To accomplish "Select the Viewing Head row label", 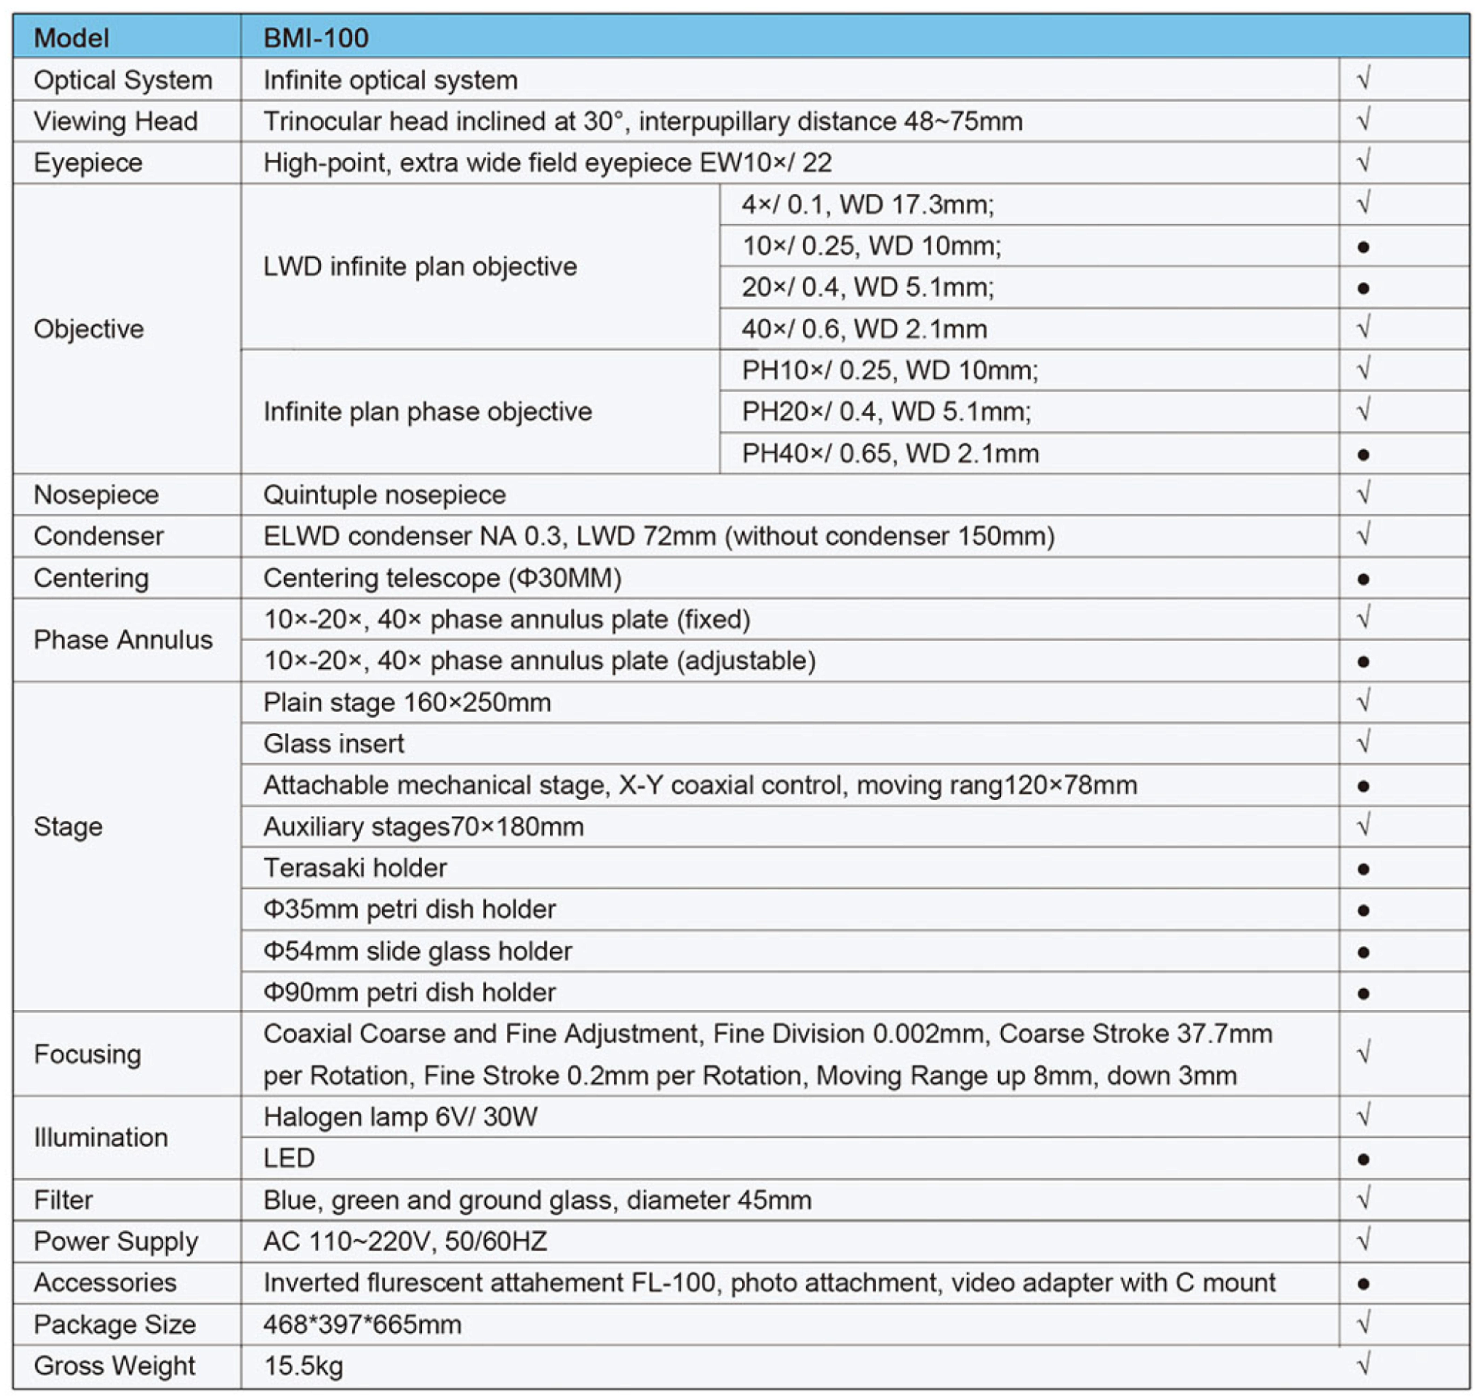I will click(116, 121).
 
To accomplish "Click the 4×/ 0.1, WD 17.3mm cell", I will click(867, 204).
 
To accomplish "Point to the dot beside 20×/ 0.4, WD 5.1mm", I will click(1363, 288).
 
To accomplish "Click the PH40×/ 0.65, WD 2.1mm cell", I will click(890, 453).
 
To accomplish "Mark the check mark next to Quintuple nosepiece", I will click(1363, 494).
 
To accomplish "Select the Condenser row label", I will click(98, 536).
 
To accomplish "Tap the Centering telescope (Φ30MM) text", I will click(442, 578).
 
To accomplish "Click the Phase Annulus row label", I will click(123, 640).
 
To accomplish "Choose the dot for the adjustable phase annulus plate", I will click(1363, 661).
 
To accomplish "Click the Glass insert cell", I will click(333, 744).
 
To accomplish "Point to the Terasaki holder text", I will click(355, 868).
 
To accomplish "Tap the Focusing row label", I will click(87, 1055).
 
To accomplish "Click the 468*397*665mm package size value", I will click(362, 1325).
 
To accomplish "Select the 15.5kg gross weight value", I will click(304, 1366).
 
